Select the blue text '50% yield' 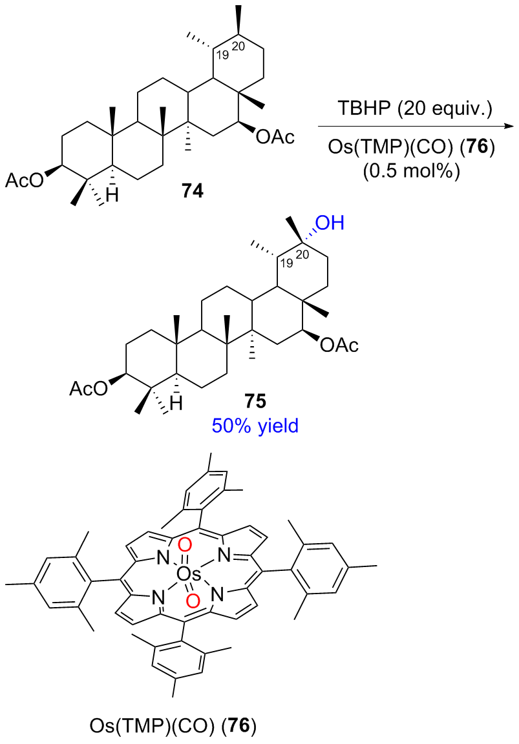[x=255, y=426]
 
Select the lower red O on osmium [x=191, y=602]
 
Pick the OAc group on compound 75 [x=339, y=346]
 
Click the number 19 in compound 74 [x=224, y=54]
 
